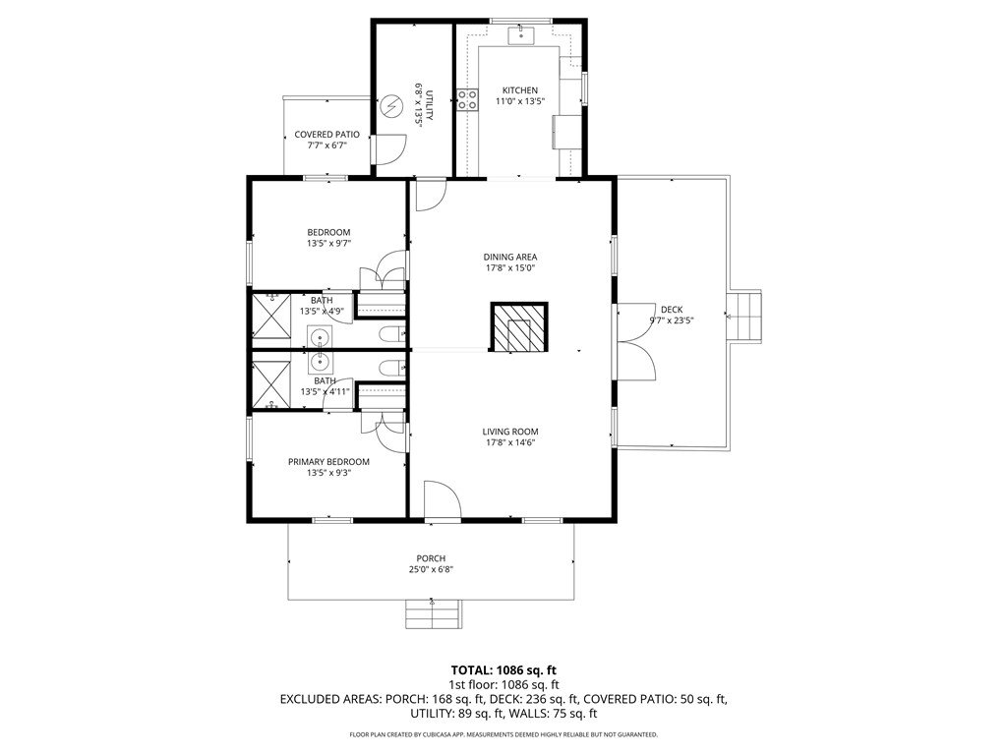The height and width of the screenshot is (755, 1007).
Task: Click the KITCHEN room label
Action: pos(519,90)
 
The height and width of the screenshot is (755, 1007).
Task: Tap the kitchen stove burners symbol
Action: pos(467,99)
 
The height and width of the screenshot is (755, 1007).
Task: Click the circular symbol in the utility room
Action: pos(390,106)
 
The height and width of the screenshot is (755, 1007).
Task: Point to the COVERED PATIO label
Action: pos(326,135)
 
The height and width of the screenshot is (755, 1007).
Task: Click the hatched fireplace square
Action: pos(519,326)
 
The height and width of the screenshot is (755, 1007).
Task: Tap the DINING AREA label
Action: pos(510,258)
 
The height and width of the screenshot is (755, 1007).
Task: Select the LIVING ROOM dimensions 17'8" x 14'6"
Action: pos(510,443)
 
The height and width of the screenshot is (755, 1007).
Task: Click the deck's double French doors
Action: pos(634,342)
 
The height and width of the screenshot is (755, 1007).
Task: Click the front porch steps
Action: pos(433,614)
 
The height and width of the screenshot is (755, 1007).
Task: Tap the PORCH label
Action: pos(431,558)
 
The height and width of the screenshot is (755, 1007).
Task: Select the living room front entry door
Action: pos(442,498)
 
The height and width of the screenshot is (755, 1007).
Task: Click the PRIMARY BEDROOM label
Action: pos(328,462)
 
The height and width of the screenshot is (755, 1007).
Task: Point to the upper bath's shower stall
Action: pos(270,316)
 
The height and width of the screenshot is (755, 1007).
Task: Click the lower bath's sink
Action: pos(320,363)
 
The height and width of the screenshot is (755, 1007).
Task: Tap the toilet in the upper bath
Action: pos(391,334)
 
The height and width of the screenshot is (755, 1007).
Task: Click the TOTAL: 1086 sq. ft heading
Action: pos(504,671)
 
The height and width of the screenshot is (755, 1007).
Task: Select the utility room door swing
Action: pos(390,149)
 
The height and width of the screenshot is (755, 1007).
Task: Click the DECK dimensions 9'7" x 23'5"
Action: pos(672,320)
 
